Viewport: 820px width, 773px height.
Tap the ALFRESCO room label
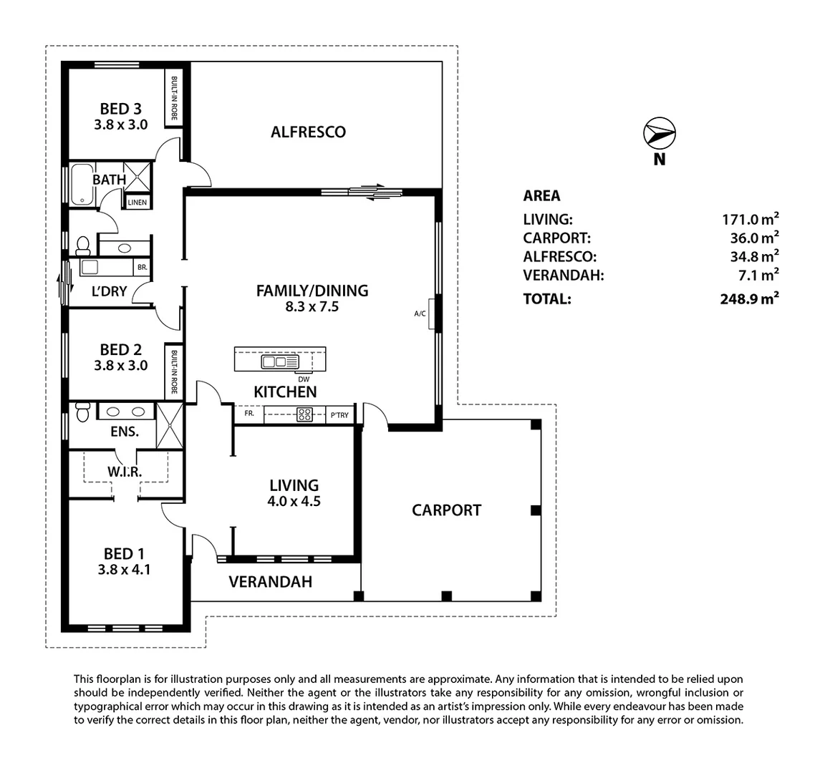point(308,132)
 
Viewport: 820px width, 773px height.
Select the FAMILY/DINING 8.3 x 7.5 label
point(312,298)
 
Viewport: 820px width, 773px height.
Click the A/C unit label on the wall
point(420,313)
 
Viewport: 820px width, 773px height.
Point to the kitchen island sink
point(274,362)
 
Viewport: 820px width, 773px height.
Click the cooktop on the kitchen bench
point(305,414)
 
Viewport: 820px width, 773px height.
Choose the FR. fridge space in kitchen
point(249,414)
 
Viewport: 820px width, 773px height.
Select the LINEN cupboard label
point(138,203)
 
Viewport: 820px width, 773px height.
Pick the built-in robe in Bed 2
point(174,372)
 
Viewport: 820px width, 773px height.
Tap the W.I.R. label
point(125,472)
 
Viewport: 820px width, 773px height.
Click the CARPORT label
point(446,510)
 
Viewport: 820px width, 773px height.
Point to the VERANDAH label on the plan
point(270,582)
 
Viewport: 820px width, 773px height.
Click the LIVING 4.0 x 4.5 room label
point(294,493)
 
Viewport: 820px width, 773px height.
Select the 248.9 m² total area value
point(749,299)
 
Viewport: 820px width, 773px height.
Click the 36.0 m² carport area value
point(751,238)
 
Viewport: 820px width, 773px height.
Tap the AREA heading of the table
point(542,195)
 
